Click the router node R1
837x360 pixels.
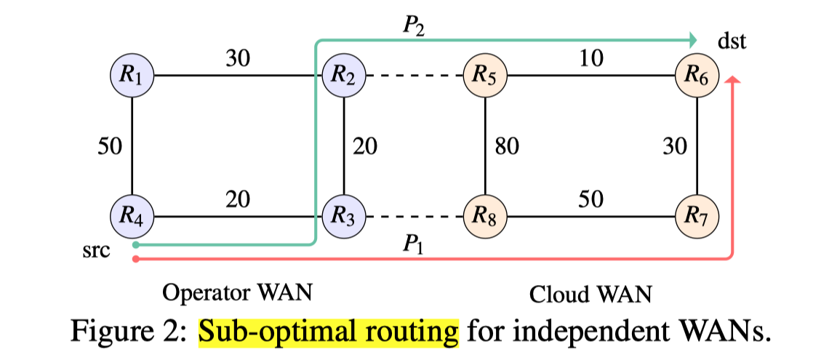[x=132, y=74]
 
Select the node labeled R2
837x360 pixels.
[x=344, y=74]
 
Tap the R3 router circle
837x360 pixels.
[x=344, y=216]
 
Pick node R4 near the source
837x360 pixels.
[x=132, y=216]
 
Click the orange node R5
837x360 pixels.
[x=485, y=74]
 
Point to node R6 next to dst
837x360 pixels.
[x=697, y=74]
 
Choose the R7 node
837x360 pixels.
[x=697, y=216]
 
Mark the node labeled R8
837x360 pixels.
[x=485, y=216]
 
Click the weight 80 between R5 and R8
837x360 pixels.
[x=507, y=148]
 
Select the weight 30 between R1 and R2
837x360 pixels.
[x=238, y=59]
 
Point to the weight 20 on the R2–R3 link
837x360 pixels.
[x=365, y=148]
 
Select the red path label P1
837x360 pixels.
[x=416, y=244]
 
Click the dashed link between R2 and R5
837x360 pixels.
[x=415, y=75]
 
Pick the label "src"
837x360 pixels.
[x=97, y=252]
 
